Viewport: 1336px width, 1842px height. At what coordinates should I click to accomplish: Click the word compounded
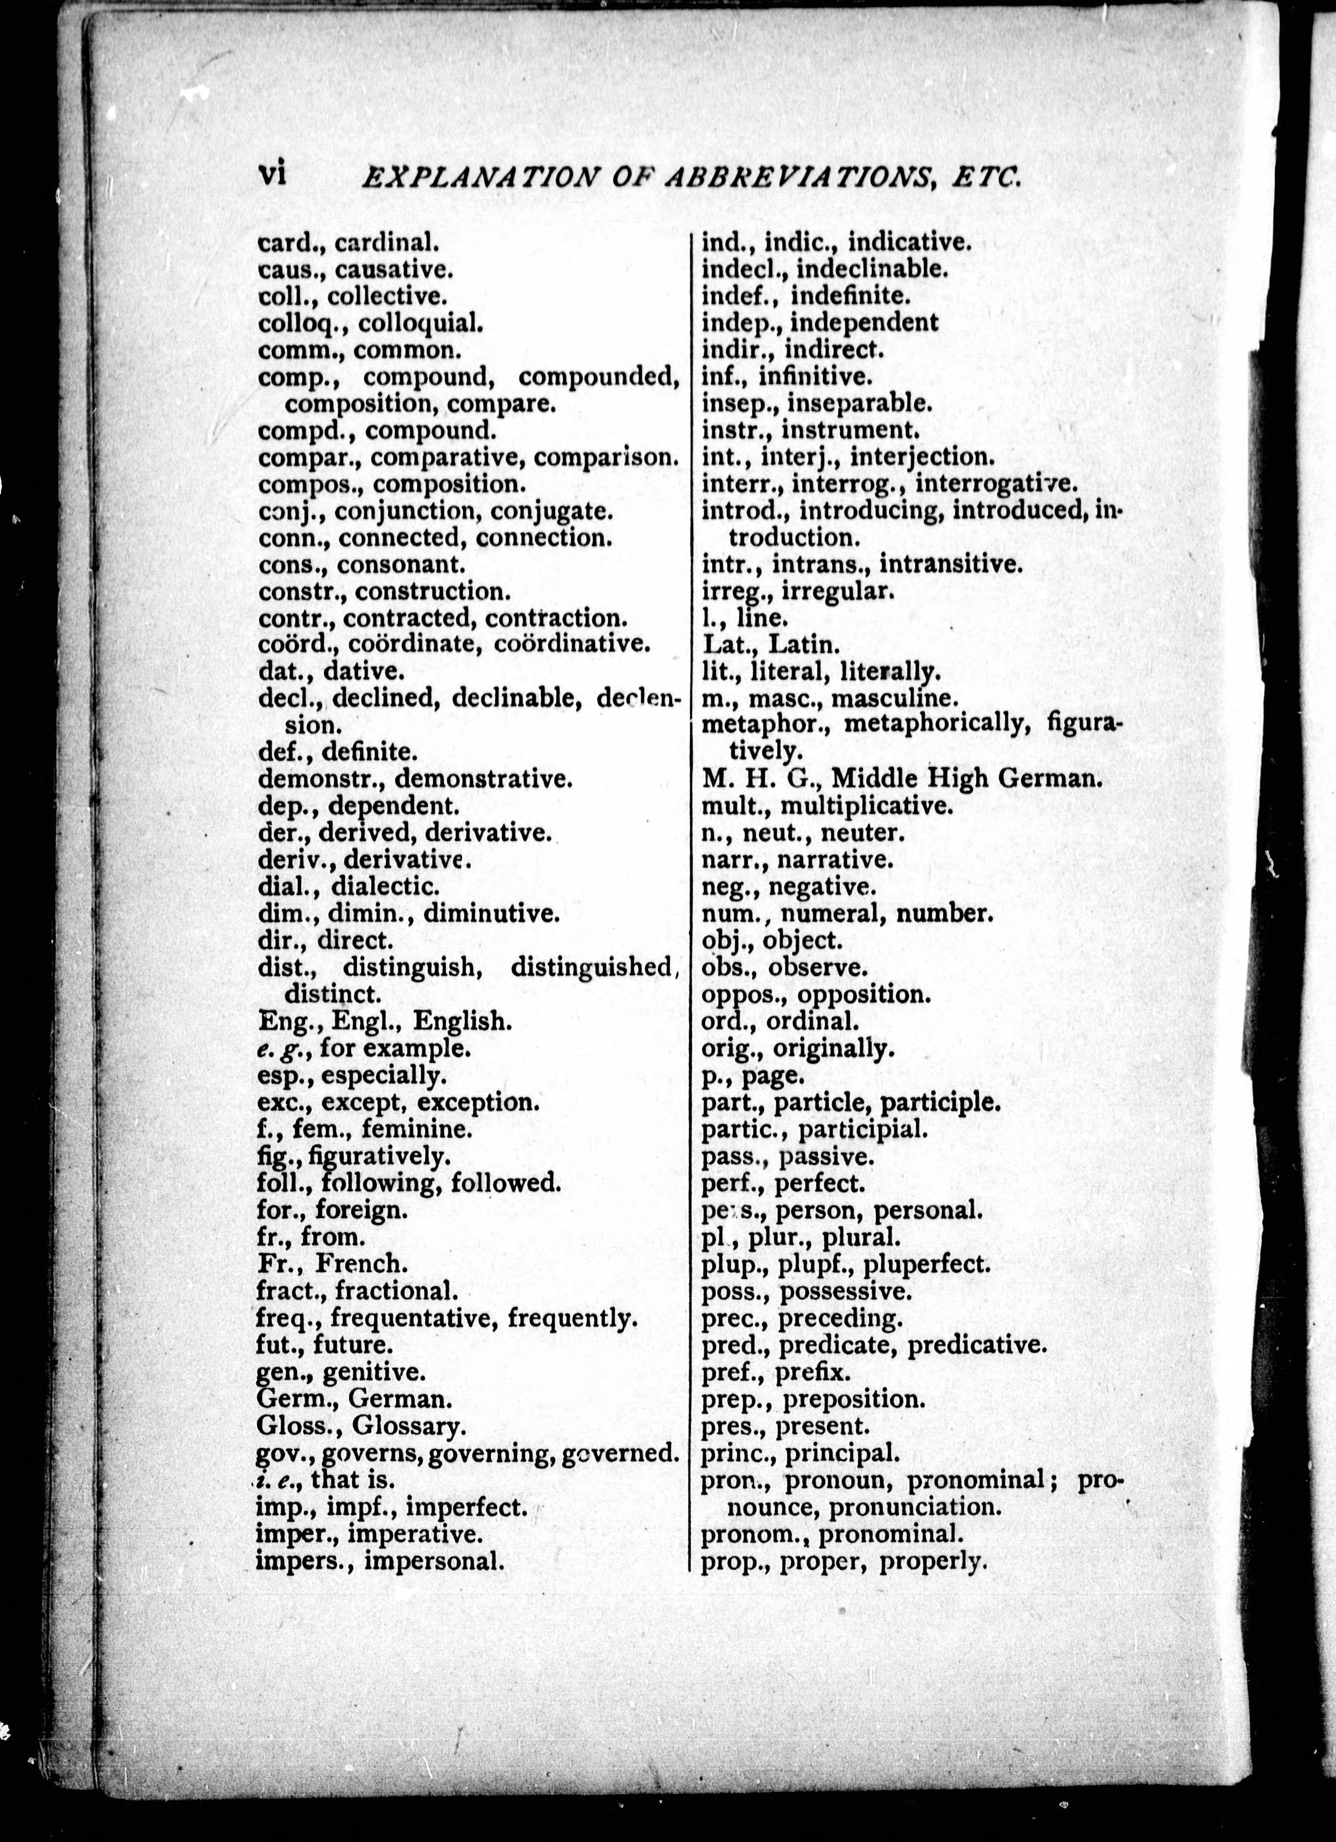[x=598, y=377]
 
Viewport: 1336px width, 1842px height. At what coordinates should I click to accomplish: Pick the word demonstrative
[x=483, y=779]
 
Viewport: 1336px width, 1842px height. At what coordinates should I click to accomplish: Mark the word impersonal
[x=434, y=1560]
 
